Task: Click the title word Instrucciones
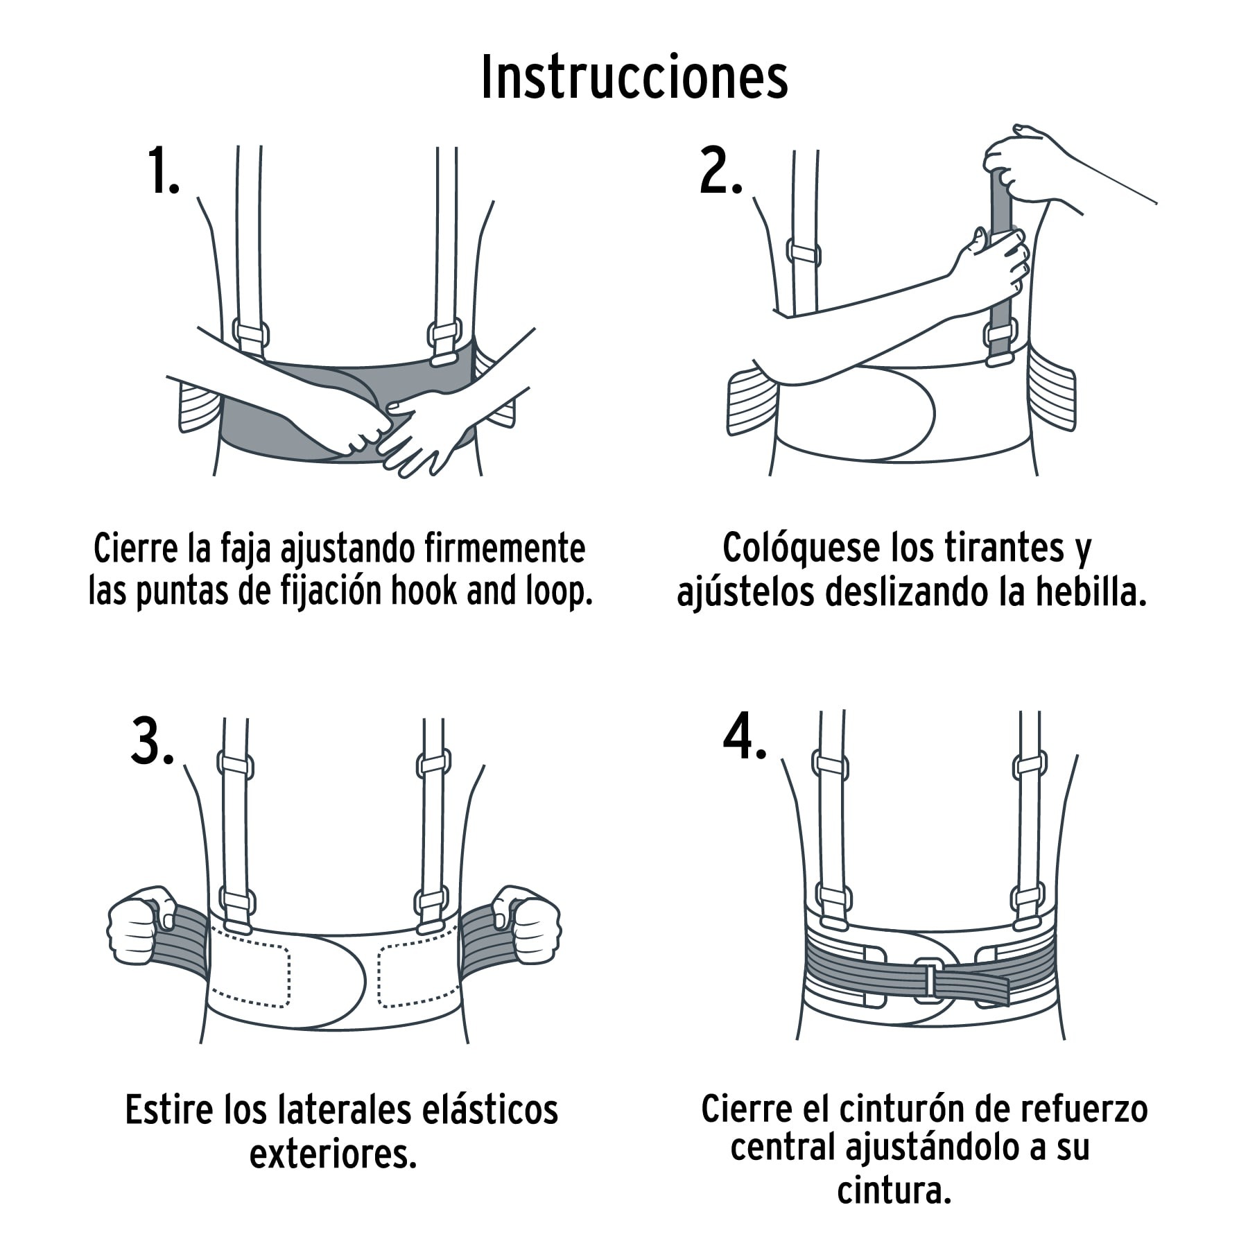click(x=634, y=78)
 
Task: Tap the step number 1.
click(x=163, y=171)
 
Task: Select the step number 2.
click(x=720, y=171)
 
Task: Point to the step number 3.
click(x=152, y=743)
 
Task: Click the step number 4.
click(x=744, y=738)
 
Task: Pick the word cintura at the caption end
click(x=892, y=1191)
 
